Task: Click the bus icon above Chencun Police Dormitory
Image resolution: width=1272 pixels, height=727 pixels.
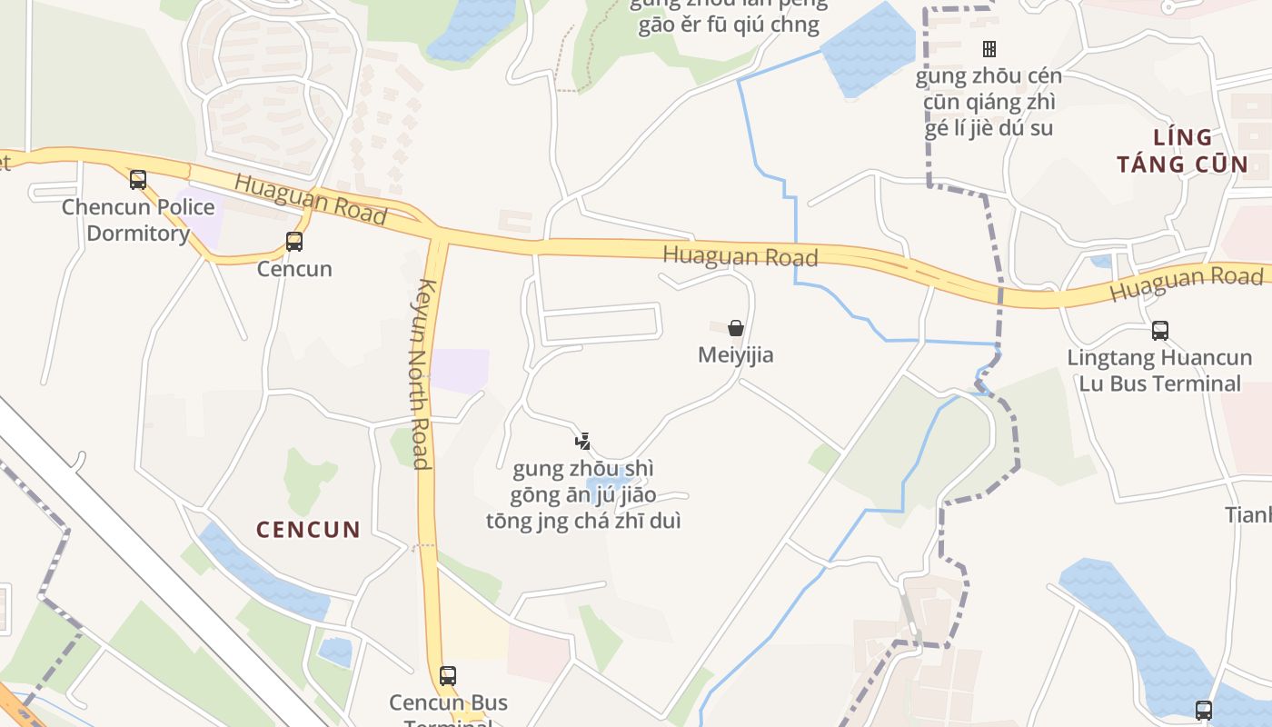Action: pos(138,180)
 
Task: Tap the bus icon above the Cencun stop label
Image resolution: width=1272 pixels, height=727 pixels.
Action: pos(294,242)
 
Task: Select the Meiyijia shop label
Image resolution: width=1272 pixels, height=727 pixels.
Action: pos(736,354)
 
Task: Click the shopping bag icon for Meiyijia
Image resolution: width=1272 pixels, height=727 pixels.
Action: pos(736,328)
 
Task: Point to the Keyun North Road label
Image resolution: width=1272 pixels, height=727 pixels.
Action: pos(422,373)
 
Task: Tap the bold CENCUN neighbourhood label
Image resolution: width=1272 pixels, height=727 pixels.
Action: pos(308,529)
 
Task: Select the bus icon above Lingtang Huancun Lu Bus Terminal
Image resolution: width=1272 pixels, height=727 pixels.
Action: pos(1160,331)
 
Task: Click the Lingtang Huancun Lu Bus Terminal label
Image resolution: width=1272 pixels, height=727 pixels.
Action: pos(1159,370)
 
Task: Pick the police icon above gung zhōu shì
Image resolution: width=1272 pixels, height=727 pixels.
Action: pos(583,442)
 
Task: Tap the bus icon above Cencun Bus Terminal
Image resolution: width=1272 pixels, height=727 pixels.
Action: pos(448,676)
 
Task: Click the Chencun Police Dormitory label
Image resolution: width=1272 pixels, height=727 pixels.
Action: pos(138,220)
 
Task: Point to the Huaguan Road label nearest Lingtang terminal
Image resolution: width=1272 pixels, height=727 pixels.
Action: pos(1187,284)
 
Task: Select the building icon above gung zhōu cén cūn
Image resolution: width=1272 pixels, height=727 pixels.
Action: pos(989,48)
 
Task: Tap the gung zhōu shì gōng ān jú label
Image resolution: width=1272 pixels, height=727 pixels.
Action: pos(583,495)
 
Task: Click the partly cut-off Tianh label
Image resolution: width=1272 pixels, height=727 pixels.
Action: pos(1248,514)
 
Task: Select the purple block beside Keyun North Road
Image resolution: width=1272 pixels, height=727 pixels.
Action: pos(460,370)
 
